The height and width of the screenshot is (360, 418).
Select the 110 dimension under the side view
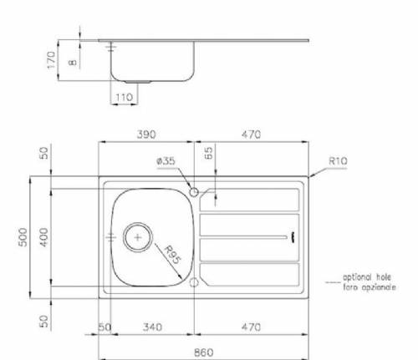coord(125,97)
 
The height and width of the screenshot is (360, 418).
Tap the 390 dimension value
coord(147,134)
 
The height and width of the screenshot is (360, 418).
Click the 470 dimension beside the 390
coord(251,134)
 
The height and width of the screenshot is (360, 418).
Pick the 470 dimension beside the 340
coord(251,327)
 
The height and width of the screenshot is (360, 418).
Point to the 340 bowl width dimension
coord(150,327)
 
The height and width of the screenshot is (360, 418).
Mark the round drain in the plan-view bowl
coord(135,237)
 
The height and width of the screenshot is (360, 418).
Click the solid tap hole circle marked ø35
coord(195,192)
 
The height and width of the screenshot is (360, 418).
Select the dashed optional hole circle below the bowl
coord(195,282)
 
